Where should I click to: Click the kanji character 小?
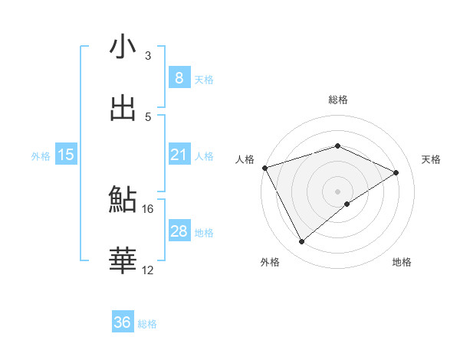pyautogui.click(x=123, y=47)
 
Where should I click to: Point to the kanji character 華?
pyautogui.click(x=123, y=261)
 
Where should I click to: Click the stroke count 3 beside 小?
pyautogui.click(x=148, y=55)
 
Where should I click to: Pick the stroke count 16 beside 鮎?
pyautogui.click(x=148, y=208)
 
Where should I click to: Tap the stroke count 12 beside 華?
pyautogui.click(x=148, y=270)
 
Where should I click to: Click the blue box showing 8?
pyautogui.click(x=179, y=77)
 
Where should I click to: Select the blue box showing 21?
pyautogui.click(x=179, y=155)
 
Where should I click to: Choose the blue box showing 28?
pyautogui.click(x=179, y=231)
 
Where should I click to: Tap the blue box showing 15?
pyautogui.click(x=66, y=155)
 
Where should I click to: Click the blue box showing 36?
pyautogui.click(x=123, y=322)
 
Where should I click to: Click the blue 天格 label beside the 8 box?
pyautogui.click(x=204, y=79)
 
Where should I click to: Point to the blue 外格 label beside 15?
pyautogui.click(x=41, y=155)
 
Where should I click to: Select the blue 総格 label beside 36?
pyautogui.click(x=147, y=324)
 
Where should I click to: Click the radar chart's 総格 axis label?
pyautogui.click(x=337, y=100)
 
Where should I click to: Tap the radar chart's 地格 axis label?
pyautogui.click(x=402, y=263)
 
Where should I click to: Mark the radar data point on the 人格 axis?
pyautogui.click(x=264, y=167)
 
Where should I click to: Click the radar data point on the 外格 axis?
pyautogui.click(x=301, y=242)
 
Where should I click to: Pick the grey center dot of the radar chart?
pyautogui.click(x=337, y=191)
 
